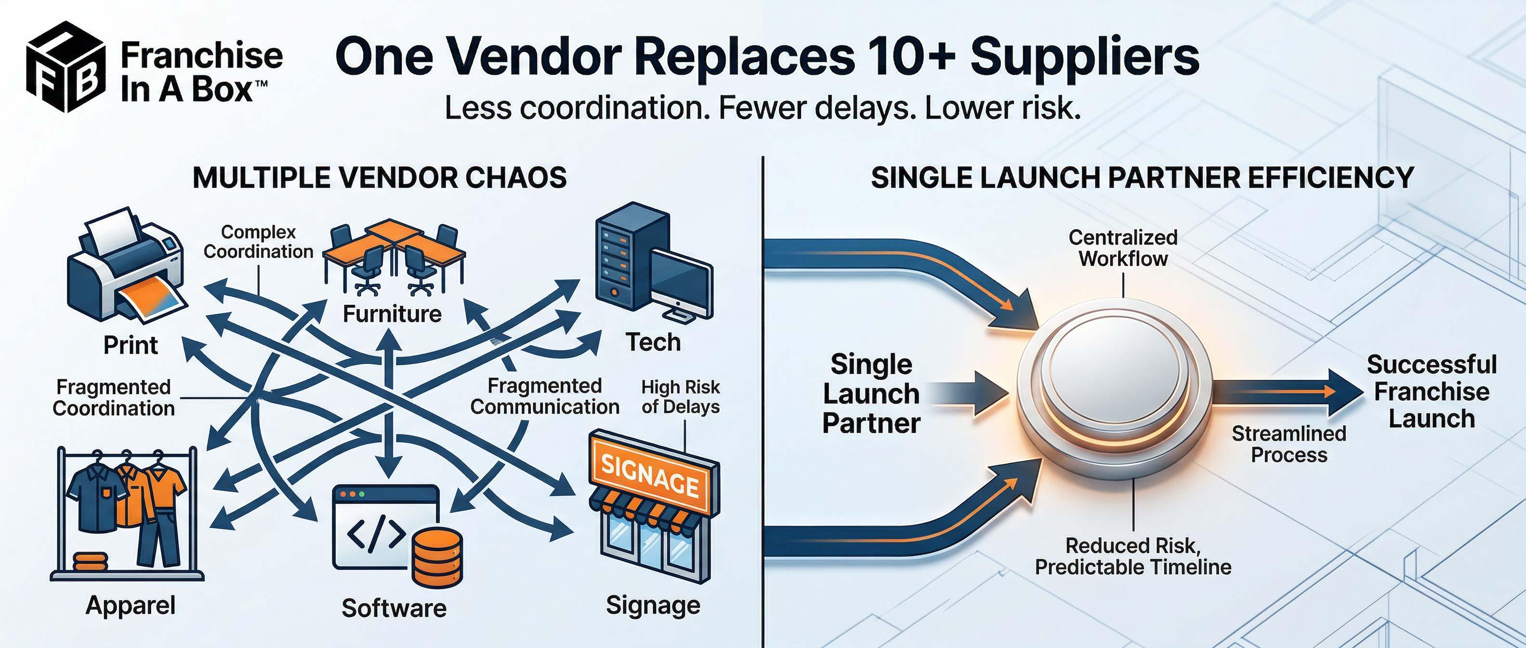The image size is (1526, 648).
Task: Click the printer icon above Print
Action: [x=126, y=267]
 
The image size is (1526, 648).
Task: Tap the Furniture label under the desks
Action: [x=392, y=313]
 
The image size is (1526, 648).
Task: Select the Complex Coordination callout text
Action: [x=258, y=242]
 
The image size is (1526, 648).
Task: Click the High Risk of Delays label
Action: [x=680, y=397]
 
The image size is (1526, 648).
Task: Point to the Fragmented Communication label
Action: [x=544, y=396]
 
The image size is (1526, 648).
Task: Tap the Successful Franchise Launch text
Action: [x=1431, y=391]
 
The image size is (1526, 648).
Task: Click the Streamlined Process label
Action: [x=1289, y=444]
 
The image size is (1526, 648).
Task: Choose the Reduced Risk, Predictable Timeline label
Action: [x=1132, y=556]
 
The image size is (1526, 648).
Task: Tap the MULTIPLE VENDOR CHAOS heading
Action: [x=380, y=178]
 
